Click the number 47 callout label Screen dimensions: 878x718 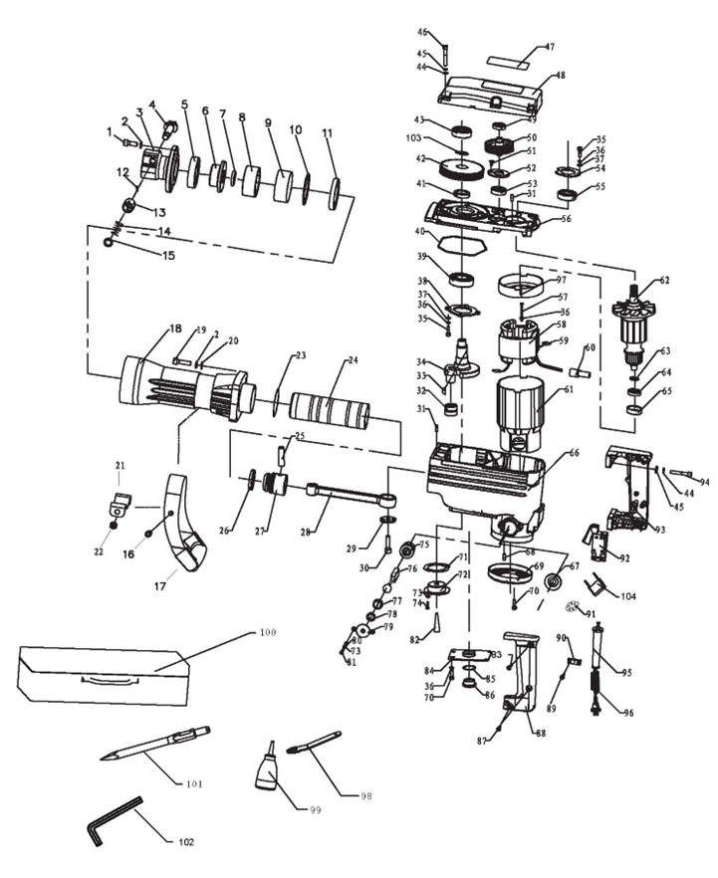(550, 47)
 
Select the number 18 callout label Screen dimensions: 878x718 (175, 328)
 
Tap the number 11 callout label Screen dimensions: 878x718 (328, 131)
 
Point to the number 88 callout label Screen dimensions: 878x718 (541, 735)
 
